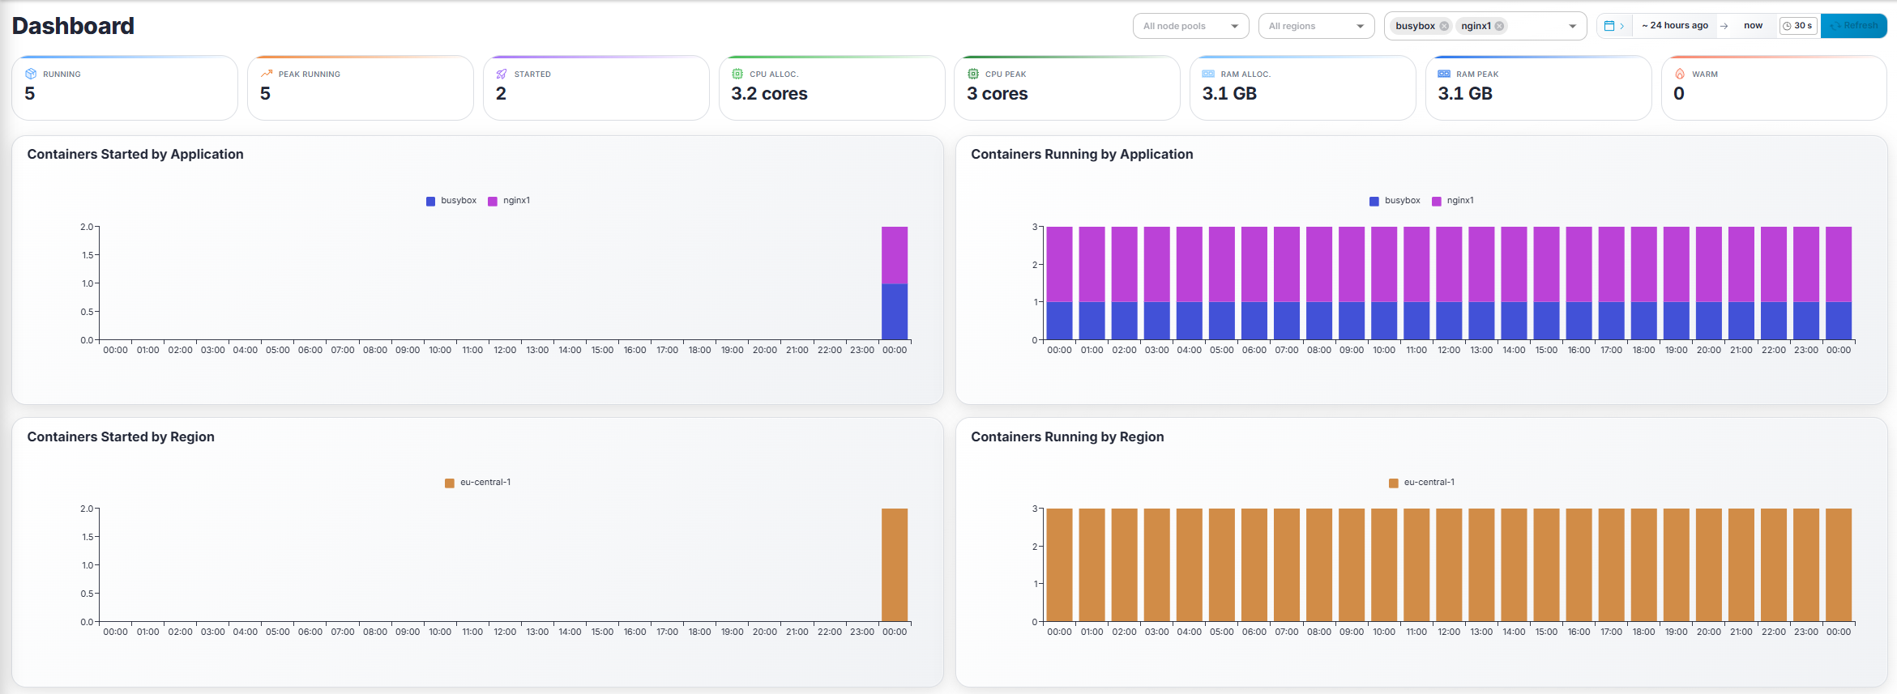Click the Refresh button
tap(1854, 26)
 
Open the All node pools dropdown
tap(1190, 26)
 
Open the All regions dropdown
tap(1315, 26)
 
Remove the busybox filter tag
tap(1444, 26)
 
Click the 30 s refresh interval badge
tap(1797, 26)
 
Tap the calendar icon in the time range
tap(1609, 26)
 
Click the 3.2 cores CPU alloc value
tap(769, 94)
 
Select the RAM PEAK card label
tap(1476, 75)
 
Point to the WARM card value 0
tap(1678, 94)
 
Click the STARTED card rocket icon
tap(502, 75)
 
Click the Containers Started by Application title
tap(135, 154)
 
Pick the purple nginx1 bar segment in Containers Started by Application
tap(895, 255)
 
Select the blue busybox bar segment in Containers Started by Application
tap(895, 312)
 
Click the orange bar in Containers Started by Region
tap(895, 565)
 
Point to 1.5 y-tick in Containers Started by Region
tap(88, 537)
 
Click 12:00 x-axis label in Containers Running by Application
tap(1449, 351)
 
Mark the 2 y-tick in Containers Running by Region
tap(1035, 547)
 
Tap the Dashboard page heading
tap(73, 26)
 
